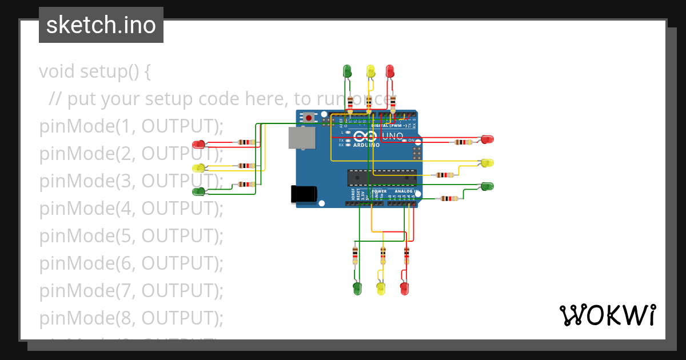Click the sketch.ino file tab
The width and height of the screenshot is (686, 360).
tap(101, 25)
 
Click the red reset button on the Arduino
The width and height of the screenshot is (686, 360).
tap(309, 118)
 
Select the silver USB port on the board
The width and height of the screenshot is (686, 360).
tap(301, 138)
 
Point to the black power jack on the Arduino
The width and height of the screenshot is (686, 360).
tap(304, 194)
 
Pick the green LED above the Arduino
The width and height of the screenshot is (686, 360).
tap(347, 71)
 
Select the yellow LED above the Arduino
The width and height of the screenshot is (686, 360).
tap(370, 71)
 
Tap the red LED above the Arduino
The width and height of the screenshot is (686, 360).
tap(390, 71)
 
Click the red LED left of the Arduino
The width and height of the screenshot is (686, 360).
tap(199, 143)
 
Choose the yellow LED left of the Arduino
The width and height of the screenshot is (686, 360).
tap(199, 168)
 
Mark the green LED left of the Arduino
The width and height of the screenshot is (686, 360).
tap(199, 191)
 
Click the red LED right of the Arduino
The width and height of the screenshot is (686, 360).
tap(487, 139)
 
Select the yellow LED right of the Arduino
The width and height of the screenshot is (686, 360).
tap(487, 163)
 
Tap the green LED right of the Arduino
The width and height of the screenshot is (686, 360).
tap(487, 186)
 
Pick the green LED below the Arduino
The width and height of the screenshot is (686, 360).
tap(357, 288)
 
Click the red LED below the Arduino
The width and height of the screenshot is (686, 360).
tap(405, 288)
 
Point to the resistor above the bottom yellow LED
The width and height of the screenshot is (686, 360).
tap(382, 254)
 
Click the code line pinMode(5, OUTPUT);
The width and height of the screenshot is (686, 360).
tap(131, 235)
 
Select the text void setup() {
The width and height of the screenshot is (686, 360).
tap(95, 72)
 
